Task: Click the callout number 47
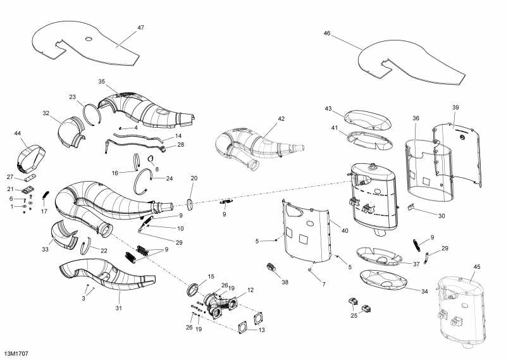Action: click(x=140, y=28)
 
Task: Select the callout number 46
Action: click(x=326, y=33)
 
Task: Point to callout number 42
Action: click(x=281, y=118)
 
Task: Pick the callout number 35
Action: click(x=101, y=82)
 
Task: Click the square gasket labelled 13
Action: click(x=243, y=327)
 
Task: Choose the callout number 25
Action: click(x=354, y=314)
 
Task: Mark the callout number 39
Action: click(x=455, y=108)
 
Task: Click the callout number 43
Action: click(x=328, y=109)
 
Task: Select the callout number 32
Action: click(x=46, y=113)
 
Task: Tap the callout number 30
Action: click(x=441, y=216)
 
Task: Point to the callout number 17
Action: click(x=44, y=211)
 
